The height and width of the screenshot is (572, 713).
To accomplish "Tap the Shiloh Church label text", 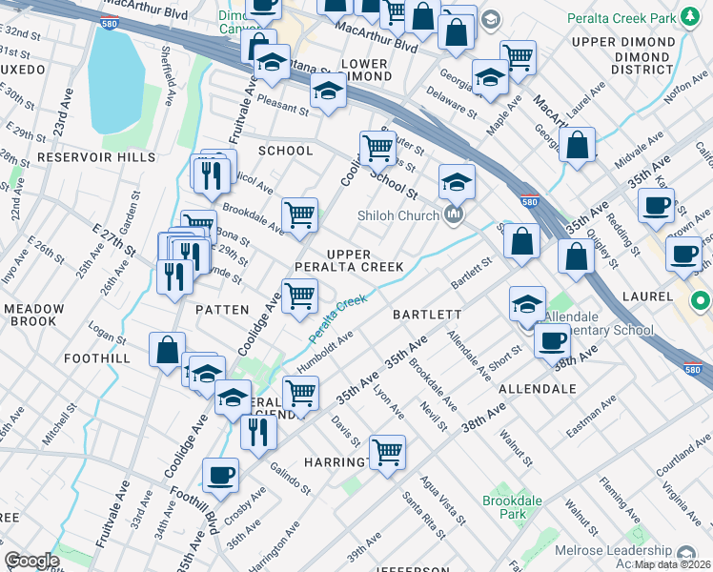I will pyautogui.click(x=396, y=214).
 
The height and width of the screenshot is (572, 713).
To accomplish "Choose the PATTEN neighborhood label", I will pyautogui.click(x=222, y=310).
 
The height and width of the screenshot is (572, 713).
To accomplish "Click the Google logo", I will pyautogui.click(x=31, y=561).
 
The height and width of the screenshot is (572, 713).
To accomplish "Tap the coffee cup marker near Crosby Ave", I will pyautogui.click(x=220, y=474).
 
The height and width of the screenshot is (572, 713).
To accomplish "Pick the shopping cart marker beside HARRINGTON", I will pyautogui.click(x=387, y=451).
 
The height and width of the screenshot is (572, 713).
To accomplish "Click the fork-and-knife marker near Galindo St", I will pyautogui.click(x=258, y=432).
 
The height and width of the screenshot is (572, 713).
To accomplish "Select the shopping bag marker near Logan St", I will pyautogui.click(x=168, y=349).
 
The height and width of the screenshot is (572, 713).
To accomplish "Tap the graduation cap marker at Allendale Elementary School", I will pyautogui.click(x=527, y=304).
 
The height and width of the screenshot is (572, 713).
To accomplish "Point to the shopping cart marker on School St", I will pyautogui.click(x=378, y=148).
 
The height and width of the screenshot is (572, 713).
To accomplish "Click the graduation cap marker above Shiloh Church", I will pyautogui.click(x=457, y=180).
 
